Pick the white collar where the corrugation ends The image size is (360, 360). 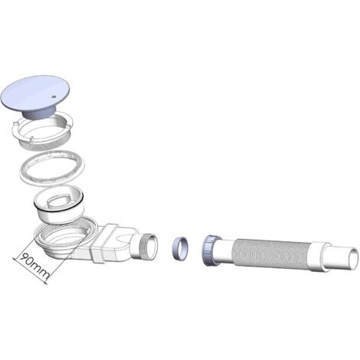click(x=315, y=254)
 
